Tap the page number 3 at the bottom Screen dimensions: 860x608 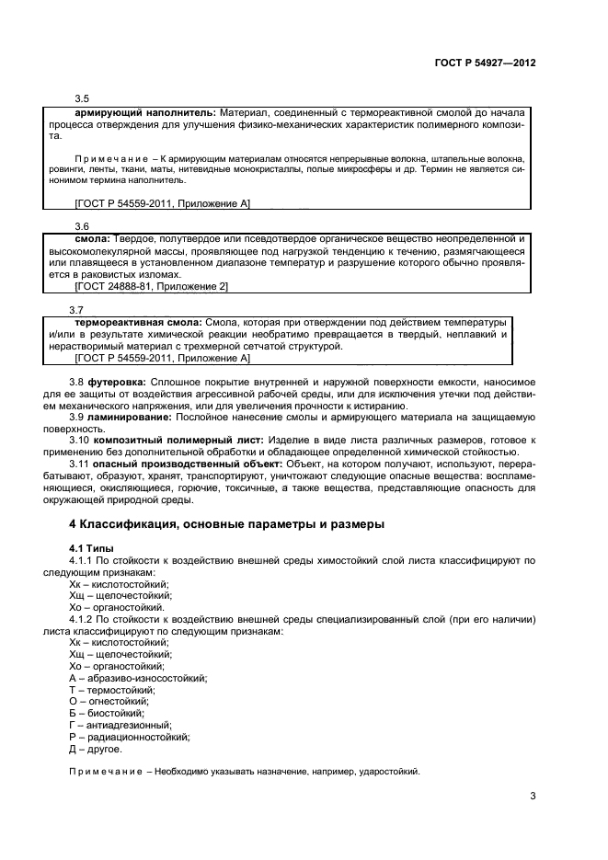point(533,796)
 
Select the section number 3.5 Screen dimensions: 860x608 point(81,98)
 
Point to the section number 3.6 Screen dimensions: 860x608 point(81,226)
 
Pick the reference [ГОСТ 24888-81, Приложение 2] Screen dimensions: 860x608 point(152,287)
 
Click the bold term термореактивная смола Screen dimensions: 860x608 point(139,323)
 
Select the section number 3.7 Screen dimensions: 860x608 point(77,310)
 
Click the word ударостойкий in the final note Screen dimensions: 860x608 point(390,772)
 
